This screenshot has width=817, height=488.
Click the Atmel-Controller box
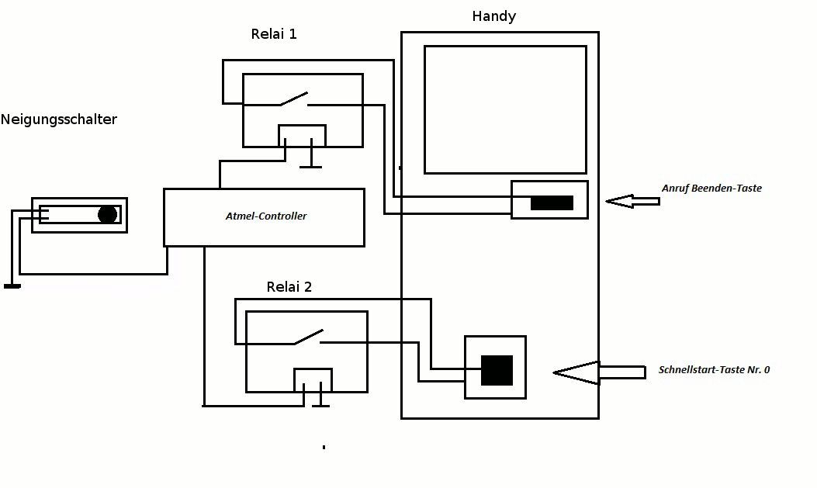pyautogui.click(x=264, y=217)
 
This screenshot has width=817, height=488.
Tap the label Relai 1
pyautogui.click(x=274, y=34)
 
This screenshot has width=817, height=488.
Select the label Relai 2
pyautogui.click(x=289, y=287)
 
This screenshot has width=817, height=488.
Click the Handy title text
pyautogui.click(x=493, y=16)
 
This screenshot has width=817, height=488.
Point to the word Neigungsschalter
pyautogui.click(x=59, y=119)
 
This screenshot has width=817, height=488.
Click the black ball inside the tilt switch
pyautogui.click(x=107, y=215)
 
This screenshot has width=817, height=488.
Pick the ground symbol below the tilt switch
pyautogui.click(x=12, y=286)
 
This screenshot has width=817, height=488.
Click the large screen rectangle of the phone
pyautogui.click(x=505, y=109)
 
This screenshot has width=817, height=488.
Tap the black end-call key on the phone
pyautogui.click(x=552, y=203)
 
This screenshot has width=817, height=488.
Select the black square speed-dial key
pyautogui.click(x=497, y=370)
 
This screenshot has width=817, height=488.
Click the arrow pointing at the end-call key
pyautogui.click(x=632, y=202)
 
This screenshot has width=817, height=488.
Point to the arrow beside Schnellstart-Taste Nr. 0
pyautogui.click(x=597, y=372)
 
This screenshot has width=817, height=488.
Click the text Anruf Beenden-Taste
pyautogui.click(x=711, y=189)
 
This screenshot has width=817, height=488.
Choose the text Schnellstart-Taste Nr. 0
pyautogui.click(x=714, y=370)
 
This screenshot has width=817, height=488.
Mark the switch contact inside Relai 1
pyautogui.click(x=293, y=99)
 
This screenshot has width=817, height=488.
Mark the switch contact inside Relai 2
pyautogui.click(x=307, y=337)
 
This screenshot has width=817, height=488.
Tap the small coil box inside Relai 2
pyautogui.click(x=313, y=379)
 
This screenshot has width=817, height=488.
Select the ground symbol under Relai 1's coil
pyautogui.click(x=311, y=165)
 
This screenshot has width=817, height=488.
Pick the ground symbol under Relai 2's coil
pyautogui.click(x=320, y=404)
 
